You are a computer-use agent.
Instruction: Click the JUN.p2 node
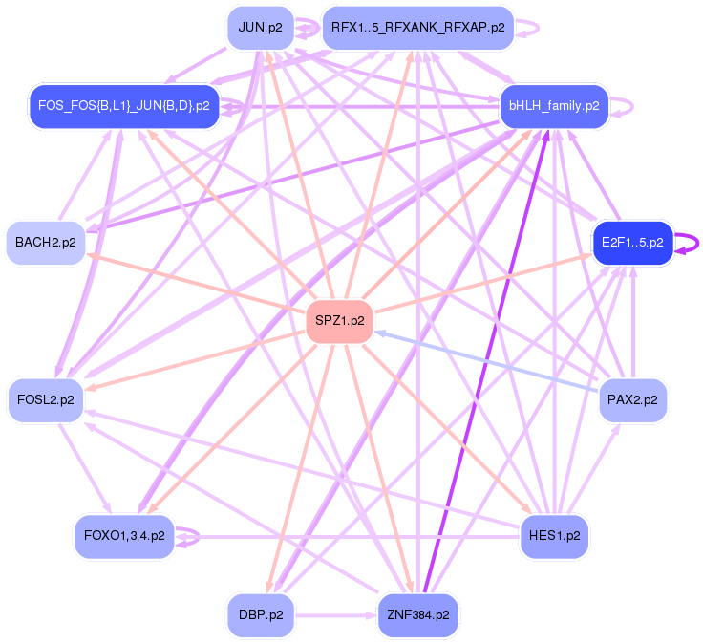(260, 27)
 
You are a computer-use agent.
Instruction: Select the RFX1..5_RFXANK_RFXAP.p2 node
(417, 27)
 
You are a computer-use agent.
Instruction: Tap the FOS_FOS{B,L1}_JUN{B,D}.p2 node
(123, 105)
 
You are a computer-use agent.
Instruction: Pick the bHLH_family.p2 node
(554, 105)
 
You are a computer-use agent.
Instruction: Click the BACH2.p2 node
(45, 243)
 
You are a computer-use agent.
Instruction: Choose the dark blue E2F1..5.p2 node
(632, 243)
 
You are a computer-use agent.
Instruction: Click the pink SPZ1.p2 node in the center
(339, 321)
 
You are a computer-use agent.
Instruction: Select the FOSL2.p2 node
(45, 399)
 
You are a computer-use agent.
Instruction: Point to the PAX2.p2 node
(632, 399)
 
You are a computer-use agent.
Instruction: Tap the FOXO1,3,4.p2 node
(124, 536)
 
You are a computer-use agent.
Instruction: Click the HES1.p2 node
(554, 536)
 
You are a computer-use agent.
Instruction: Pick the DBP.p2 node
(260, 615)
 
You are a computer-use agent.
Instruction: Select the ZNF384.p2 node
(417, 615)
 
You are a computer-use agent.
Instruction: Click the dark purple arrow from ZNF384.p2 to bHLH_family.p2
(487, 362)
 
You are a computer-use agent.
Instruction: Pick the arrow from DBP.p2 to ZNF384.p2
(334, 615)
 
